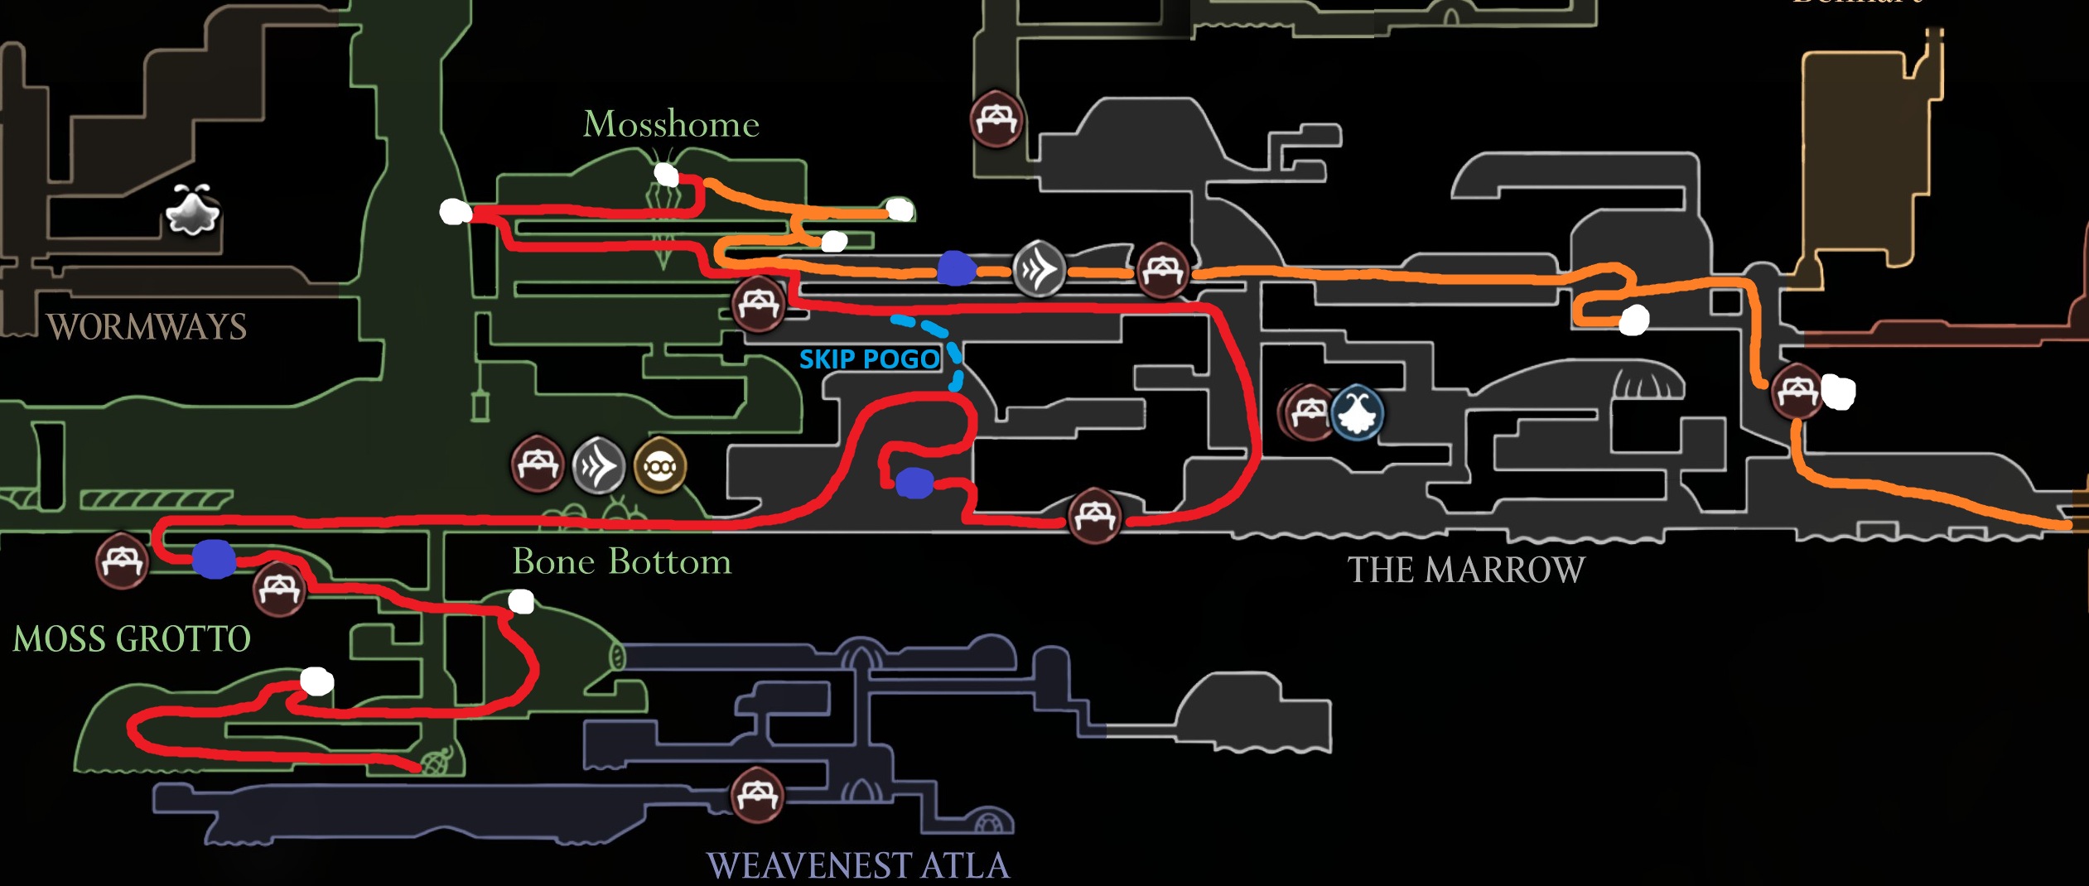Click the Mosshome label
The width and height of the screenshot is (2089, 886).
tap(671, 124)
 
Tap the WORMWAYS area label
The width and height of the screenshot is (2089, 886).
tap(147, 327)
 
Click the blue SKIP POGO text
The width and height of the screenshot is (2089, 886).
tap(869, 359)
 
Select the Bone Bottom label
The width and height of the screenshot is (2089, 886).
tap(621, 562)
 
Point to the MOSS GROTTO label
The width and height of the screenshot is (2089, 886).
tap(132, 639)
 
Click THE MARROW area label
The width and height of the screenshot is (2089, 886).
tap(1466, 571)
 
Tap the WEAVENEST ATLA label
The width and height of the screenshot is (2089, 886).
tap(858, 866)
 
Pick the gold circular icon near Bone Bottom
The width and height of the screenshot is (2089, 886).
tap(660, 466)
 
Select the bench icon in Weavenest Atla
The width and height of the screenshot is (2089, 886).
tap(756, 796)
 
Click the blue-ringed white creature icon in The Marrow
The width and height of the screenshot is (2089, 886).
tap(1357, 412)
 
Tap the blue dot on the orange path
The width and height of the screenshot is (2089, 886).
tap(956, 268)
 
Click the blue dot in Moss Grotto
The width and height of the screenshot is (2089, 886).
tap(214, 559)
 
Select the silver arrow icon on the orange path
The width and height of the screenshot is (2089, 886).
tap(1039, 268)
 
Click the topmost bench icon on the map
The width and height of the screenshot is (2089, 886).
tap(996, 119)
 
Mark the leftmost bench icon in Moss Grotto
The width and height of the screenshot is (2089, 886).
tap(122, 561)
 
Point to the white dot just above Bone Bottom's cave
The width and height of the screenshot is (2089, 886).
tap(521, 601)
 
